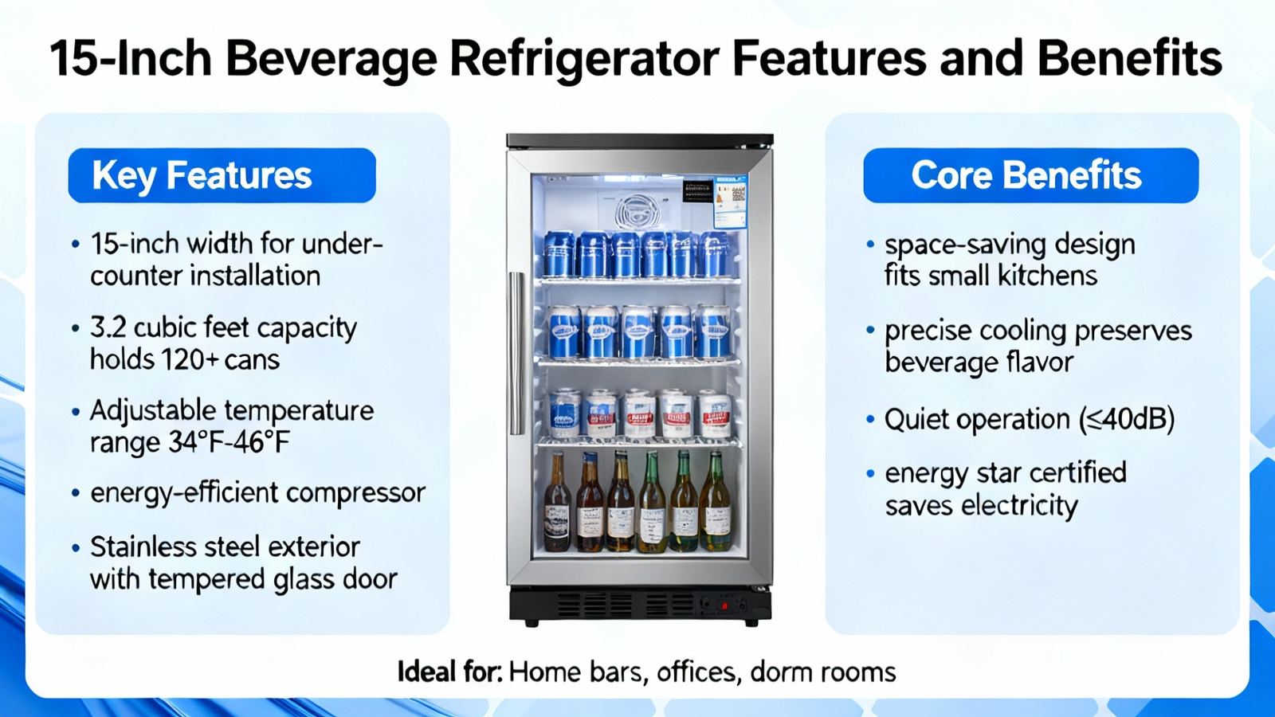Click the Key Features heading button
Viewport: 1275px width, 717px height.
click(x=222, y=175)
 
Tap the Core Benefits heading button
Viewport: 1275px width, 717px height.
click(x=1031, y=175)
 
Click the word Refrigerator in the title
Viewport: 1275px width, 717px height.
click(x=585, y=60)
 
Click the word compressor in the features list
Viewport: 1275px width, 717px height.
click(x=355, y=494)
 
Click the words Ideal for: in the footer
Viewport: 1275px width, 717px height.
click(x=449, y=672)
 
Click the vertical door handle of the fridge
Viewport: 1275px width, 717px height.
click(x=517, y=354)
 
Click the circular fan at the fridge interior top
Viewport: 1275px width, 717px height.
click(x=637, y=211)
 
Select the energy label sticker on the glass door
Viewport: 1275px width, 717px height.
click(x=730, y=202)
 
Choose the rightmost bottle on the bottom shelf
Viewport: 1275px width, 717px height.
click(x=716, y=501)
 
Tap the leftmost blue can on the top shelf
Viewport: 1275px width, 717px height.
click(x=559, y=254)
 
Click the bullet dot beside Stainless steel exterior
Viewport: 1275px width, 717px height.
click(x=76, y=548)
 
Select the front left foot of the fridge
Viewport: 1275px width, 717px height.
click(x=531, y=623)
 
